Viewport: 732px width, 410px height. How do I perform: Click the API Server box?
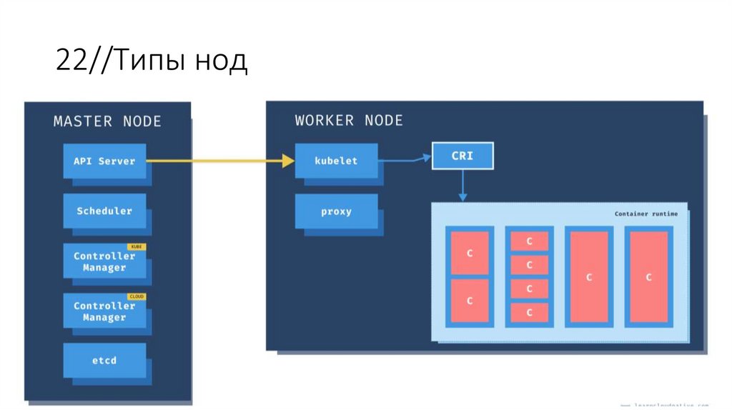coord(104,161)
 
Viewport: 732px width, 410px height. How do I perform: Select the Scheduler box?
coord(104,211)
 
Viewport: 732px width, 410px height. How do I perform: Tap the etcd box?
coord(104,360)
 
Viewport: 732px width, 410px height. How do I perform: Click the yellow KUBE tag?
coord(136,246)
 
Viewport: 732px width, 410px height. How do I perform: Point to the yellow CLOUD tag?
coord(136,296)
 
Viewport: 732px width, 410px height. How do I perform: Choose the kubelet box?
coord(336,161)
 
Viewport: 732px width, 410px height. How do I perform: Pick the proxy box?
coord(336,211)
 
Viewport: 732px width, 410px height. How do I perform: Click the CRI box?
coord(463,156)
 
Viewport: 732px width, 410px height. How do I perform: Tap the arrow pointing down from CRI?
coord(463,185)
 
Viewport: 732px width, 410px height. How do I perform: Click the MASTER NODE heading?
coord(107,121)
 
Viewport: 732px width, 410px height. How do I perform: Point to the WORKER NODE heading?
coord(349,121)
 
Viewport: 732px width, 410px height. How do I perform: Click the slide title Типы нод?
coord(152,61)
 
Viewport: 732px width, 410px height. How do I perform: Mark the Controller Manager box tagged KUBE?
coord(104,261)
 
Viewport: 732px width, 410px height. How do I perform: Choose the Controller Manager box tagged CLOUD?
coord(104,311)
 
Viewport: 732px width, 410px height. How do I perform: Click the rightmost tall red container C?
coord(648,276)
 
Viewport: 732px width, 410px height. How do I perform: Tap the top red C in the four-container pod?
coord(530,241)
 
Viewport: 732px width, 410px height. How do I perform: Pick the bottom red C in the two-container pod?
coord(470,301)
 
